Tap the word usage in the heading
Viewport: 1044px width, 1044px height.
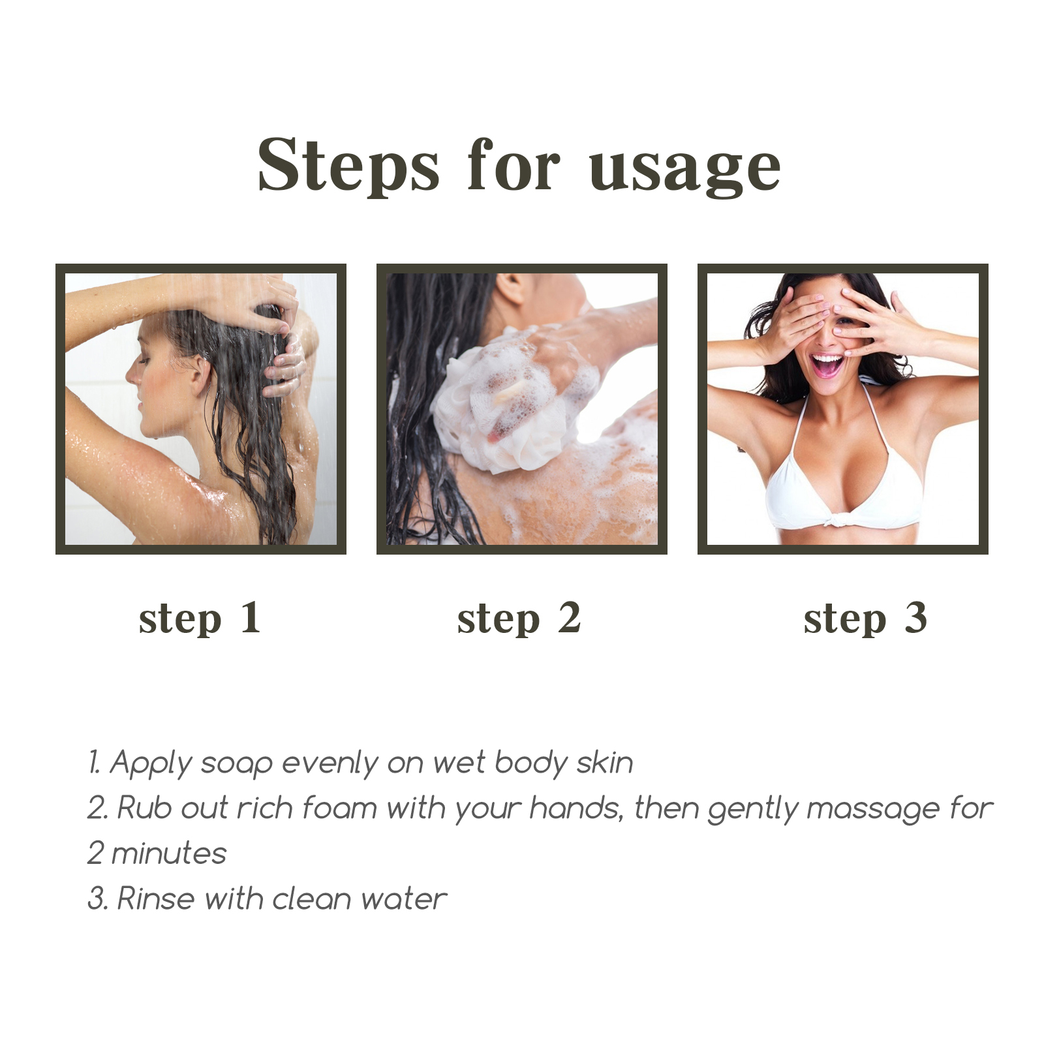point(685,172)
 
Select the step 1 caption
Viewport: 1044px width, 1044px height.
point(200,619)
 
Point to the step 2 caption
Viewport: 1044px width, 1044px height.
point(519,619)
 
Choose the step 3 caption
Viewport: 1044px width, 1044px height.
point(865,619)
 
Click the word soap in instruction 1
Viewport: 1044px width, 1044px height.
point(236,763)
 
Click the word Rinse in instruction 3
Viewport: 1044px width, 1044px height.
point(156,898)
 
